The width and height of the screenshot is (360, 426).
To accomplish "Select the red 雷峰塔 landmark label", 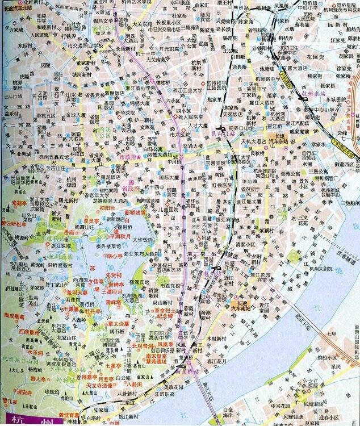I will (x=115, y=302).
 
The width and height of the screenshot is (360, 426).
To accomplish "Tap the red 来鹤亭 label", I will (x=19, y=202).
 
